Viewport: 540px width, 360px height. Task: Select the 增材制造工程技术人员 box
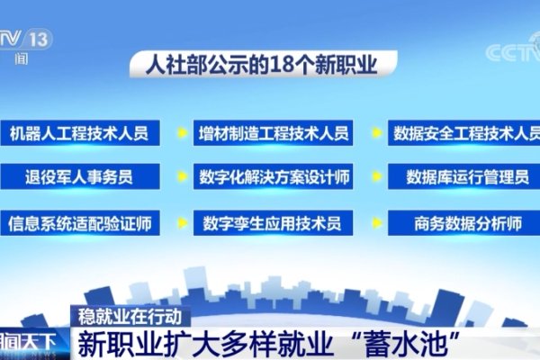tap(273, 133)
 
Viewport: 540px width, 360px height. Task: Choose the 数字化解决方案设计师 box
tap(273, 176)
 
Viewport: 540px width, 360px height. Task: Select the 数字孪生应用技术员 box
tap(273, 220)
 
